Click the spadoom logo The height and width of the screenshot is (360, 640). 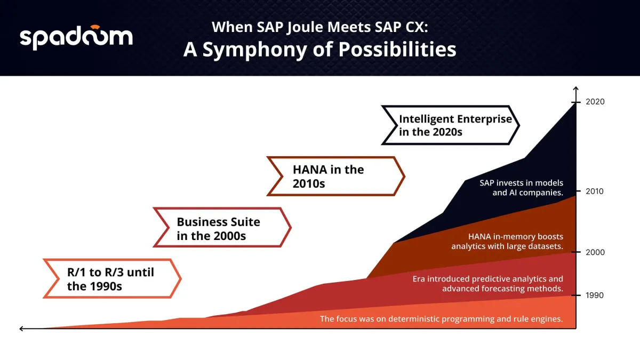(x=76, y=37)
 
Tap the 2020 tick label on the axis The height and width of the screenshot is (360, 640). (x=595, y=102)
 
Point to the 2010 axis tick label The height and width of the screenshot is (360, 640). (x=595, y=191)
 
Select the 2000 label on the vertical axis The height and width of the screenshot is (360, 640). (x=595, y=252)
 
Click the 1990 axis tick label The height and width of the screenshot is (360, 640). (x=595, y=295)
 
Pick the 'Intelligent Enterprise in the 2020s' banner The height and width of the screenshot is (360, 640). (x=450, y=125)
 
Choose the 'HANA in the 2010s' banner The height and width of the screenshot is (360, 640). (x=335, y=177)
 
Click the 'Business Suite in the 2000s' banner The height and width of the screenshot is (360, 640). (x=222, y=227)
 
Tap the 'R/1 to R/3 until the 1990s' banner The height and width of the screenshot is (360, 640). (x=113, y=278)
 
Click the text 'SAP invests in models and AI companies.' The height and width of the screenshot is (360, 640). (x=522, y=188)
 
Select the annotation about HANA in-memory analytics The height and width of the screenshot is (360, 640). (x=507, y=242)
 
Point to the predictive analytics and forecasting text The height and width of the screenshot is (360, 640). (x=487, y=284)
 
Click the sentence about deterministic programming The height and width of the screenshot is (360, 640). (x=442, y=319)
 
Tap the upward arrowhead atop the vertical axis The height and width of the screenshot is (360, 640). (x=575, y=89)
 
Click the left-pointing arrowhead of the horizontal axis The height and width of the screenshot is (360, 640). (x=21, y=329)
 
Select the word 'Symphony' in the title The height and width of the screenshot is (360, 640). (x=254, y=50)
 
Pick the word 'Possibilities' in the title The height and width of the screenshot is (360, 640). (x=397, y=50)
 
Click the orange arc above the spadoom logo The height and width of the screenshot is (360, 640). (x=95, y=27)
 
